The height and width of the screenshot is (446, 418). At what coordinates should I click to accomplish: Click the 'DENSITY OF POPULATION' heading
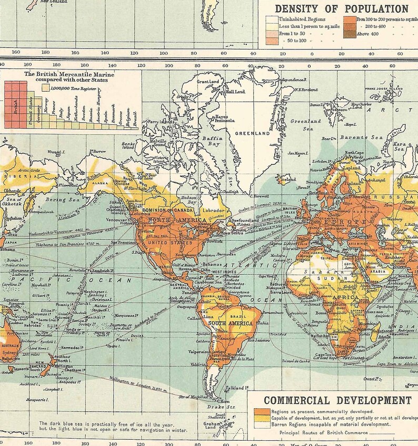tap(341, 8)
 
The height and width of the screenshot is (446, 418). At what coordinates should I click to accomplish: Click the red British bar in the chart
tap(14, 105)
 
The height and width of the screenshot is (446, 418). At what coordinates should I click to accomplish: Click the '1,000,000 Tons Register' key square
tap(46, 88)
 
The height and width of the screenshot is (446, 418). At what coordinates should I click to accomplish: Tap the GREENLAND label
tap(253, 134)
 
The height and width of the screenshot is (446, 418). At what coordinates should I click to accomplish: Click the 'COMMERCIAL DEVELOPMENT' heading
tap(337, 400)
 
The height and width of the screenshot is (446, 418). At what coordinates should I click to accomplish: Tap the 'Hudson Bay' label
tap(189, 200)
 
